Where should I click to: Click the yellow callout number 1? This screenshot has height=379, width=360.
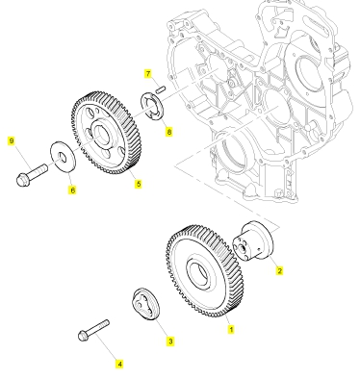(231, 329)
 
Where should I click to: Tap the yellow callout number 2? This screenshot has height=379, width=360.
(279, 270)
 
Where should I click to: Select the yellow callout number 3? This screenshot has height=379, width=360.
(170, 341)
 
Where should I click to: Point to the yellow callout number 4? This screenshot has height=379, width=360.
(119, 364)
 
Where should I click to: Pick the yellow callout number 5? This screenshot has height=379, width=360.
(139, 184)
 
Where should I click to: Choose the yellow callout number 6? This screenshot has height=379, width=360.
(73, 190)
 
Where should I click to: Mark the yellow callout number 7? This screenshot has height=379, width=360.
(147, 74)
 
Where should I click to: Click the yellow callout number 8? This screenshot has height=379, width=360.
(169, 131)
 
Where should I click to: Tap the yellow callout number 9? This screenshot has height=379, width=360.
(12, 140)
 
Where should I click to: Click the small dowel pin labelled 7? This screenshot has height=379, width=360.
(161, 89)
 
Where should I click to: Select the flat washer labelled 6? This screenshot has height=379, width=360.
(63, 157)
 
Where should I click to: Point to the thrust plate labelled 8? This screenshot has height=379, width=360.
(152, 107)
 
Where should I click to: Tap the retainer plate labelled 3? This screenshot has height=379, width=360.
(146, 304)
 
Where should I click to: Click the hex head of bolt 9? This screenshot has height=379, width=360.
(23, 180)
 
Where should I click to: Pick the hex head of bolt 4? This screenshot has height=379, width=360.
(84, 336)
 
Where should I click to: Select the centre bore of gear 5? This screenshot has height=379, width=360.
(102, 134)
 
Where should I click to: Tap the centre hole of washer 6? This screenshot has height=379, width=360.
(63, 157)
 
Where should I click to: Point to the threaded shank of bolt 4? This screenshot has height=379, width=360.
(98, 327)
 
